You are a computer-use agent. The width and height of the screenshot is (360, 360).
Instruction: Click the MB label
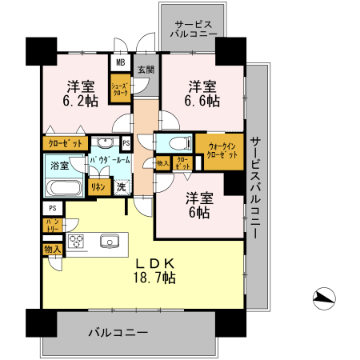[121, 62]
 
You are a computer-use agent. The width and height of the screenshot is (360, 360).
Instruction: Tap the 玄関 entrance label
[145, 69]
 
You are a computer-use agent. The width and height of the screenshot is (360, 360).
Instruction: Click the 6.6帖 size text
[202, 102]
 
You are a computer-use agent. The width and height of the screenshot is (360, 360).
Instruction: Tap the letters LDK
[155, 263]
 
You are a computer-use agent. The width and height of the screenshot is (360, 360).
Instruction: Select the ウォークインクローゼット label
[222, 151]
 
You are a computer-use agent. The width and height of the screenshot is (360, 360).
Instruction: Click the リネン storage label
[98, 186]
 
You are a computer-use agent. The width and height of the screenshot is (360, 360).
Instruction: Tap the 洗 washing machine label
[121, 186]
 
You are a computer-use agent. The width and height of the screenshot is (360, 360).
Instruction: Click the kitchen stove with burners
[77, 242]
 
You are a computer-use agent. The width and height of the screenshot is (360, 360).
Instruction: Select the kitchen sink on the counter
[109, 242]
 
